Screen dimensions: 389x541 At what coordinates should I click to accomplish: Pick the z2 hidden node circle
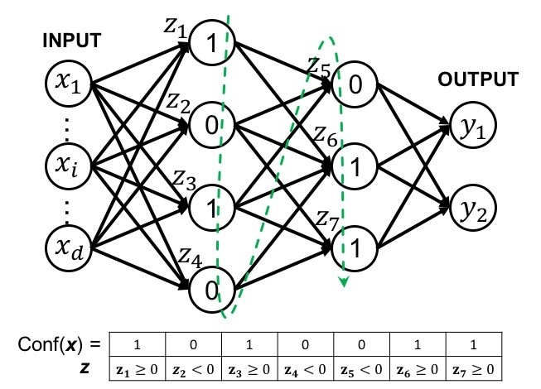pos(211,126)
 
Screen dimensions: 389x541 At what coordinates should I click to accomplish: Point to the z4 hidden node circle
pos(211,290)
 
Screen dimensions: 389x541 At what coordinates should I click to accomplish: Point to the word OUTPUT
pos(479,79)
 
